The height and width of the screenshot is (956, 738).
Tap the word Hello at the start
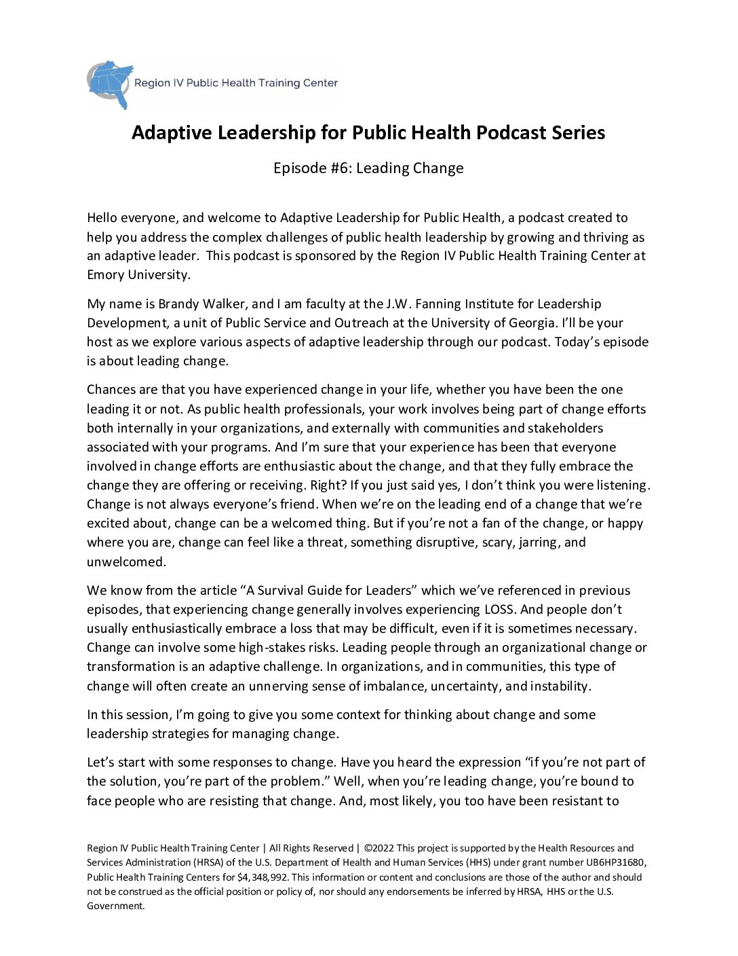[x=103, y=218]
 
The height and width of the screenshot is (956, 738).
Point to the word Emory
[x=105, y=275]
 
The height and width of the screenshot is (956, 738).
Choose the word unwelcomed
[x=126, y=562]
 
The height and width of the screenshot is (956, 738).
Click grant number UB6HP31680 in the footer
[x=616, y=862]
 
